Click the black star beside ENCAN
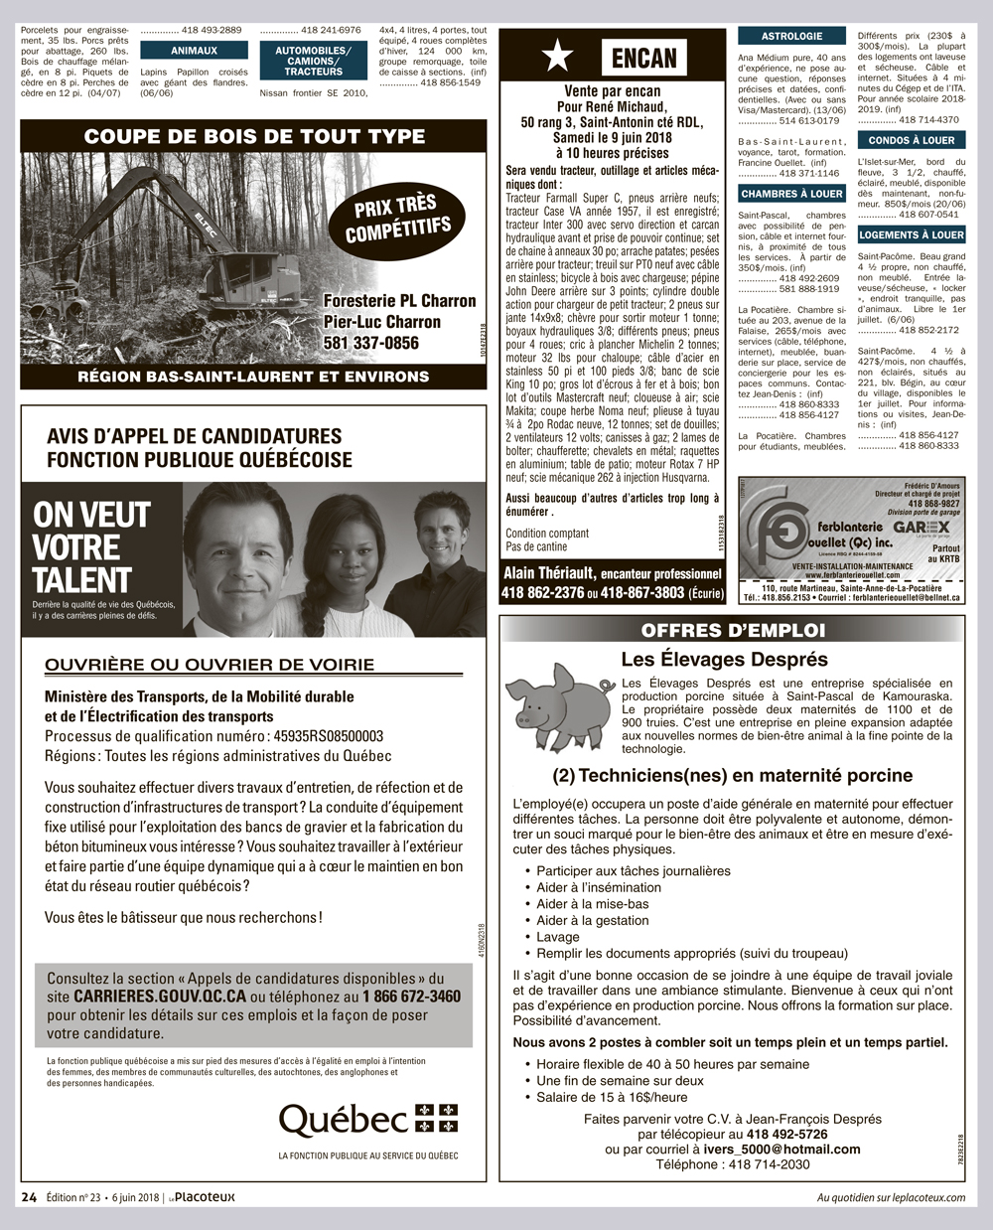point(557,58)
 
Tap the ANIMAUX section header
point(194,51)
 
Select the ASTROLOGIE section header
point(791,36)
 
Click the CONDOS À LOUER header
point(911,141)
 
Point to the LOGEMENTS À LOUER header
point(912,235)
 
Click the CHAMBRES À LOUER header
point(791,194)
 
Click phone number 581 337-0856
point(371,343)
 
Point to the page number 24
point(30,1197)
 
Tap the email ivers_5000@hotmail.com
point(782,1150)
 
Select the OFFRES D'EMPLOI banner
point(733,630)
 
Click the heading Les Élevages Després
point(724,660)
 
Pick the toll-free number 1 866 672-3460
point(411,997)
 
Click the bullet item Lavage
point(558,937)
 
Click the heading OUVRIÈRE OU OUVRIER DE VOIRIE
point(210,665)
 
